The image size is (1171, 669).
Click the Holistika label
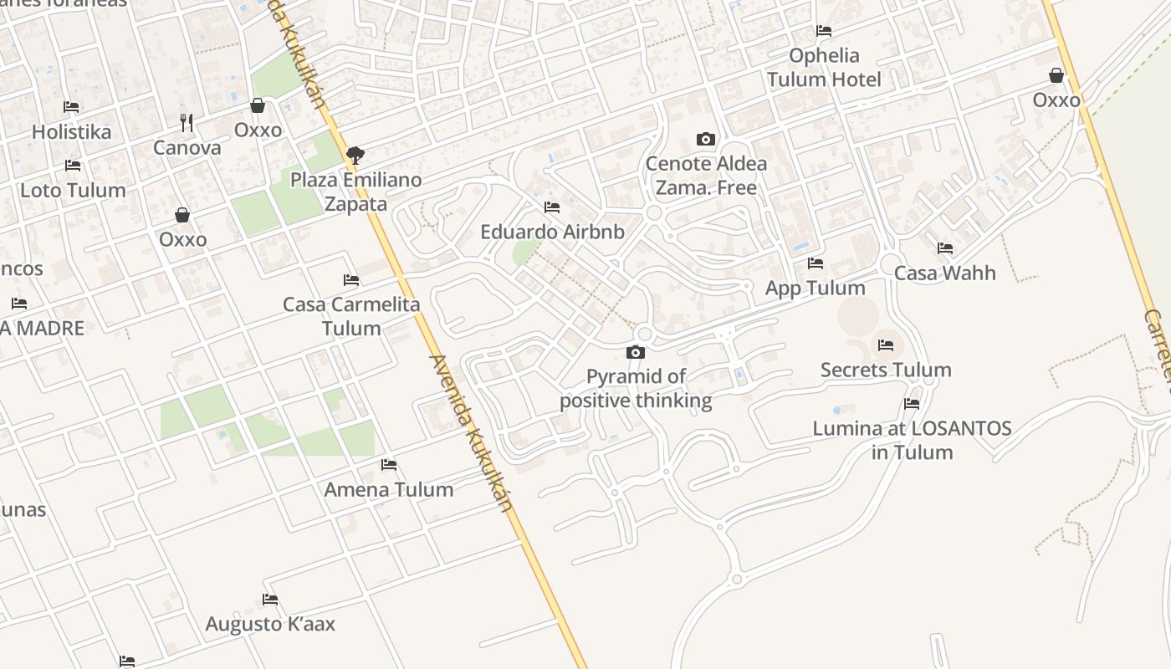pyautogui.click(x=71, y=132)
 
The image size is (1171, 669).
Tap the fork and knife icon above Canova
pyautogui.click(x=187, y=123)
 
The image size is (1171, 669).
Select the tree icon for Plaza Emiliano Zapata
pyautogui.click(x=355, y=155)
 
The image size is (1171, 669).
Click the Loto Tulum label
pyautogui.click(x=73, y=191)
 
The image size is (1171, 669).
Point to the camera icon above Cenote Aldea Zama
pyautogui.click(x=705, y=140)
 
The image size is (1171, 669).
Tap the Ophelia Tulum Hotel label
pyautogui.click(x=824, y=68)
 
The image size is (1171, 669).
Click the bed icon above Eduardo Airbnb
pyautogui.click(x=552, y=207)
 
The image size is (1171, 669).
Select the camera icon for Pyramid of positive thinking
pyautogui.click(x=636, y=352)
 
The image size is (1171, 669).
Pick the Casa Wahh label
pyautogui.click(x=945, y=273)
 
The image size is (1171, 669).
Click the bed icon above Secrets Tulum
pyautogui.click(x=886, y=345)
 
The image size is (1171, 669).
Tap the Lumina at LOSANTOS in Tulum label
pyautogui.click(x=912, y=441)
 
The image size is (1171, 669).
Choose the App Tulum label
pyautogui.click(x=816, y=289)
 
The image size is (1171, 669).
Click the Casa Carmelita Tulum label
pyautogui.click(x=351, y=316)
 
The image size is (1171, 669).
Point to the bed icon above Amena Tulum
pyautogui.click(x=389, y=464)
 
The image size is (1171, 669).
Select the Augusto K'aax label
pyautogui.click(x=270, y=624)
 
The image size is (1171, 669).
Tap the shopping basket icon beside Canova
pyautogui.click(x=258, y=105)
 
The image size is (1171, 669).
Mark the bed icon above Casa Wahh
pyautogui.click(x=945, y=248)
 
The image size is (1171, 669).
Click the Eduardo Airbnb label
pyautogui.click(x=552, y=232)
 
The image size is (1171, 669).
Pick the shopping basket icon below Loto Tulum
pyautogui.click(x=182, y=215)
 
